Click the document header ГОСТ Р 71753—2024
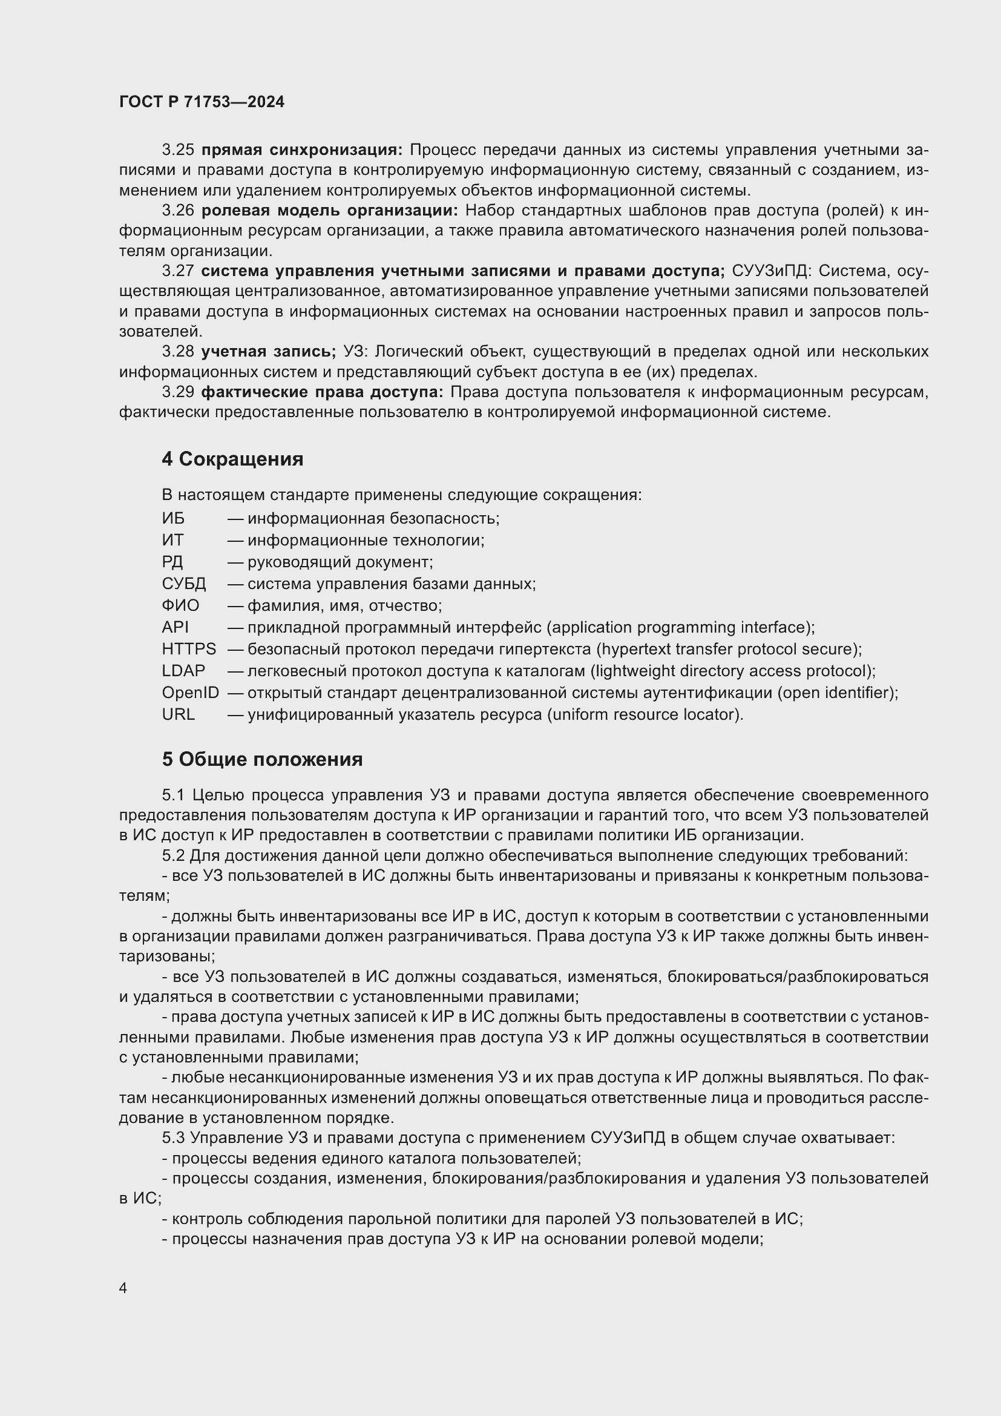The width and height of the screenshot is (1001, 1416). tap(202, 102)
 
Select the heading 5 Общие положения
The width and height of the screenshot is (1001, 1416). tap(262, 759)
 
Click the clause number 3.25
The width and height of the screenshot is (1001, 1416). tap(177, 150)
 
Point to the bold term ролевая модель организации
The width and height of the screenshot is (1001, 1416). tap(329, 210)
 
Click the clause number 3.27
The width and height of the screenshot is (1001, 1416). tap(177, 271)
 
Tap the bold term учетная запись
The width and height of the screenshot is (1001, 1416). tap(267, 352)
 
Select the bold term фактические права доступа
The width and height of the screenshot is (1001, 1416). tap(322, 392)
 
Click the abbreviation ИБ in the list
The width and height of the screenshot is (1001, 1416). tap(173, 518)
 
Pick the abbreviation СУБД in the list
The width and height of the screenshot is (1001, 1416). tap(184, 584)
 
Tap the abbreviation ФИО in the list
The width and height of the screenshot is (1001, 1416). tap(180, 605)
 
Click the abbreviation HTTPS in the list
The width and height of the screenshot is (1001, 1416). tap(189, 649)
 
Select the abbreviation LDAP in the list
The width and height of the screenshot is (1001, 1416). tap(183, 670)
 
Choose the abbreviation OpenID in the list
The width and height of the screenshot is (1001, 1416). tap(190, 693)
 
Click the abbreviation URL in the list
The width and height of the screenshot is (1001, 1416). tap(178, 714)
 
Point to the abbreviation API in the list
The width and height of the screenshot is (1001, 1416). tap(175, 627)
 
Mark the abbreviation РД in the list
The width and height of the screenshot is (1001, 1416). tap(172, 562)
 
